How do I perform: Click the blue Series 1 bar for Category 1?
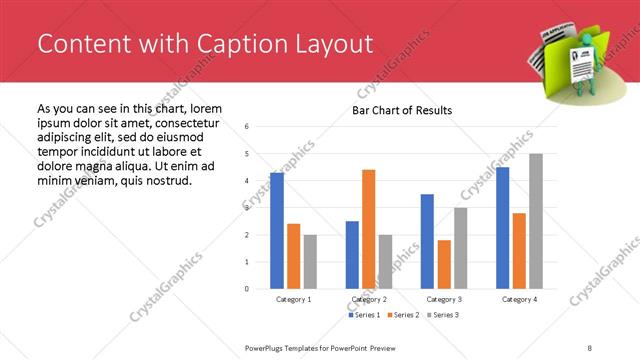pyautogui.click(x=277, y=231)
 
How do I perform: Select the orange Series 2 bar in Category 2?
pyautogui.click(x=369, y=229)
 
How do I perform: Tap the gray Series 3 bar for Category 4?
pyautogui.click(x=536, y=221)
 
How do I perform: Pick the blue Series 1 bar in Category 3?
pyautogui.click(x=427, y=241)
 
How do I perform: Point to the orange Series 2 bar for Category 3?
pyautogui.click(x=444, y=264)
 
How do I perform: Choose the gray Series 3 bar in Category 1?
pyautogui.click(x=310, y=262)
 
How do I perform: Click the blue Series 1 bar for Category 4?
pyautogui.click(x=502, y=228)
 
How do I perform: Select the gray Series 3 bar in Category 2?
pyautogui.click(x=386, y=262)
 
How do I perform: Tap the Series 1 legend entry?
pyautogui.click(x=364, y=315)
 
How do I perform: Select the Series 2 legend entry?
pyautogui.click(x=402, y=315)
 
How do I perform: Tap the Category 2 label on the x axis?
pyautogui.click(x=369, y=299)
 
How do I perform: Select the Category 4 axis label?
pyautogui.click(x=519, y=299)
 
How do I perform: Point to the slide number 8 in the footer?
pyautogui.click(x=590, y=347)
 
